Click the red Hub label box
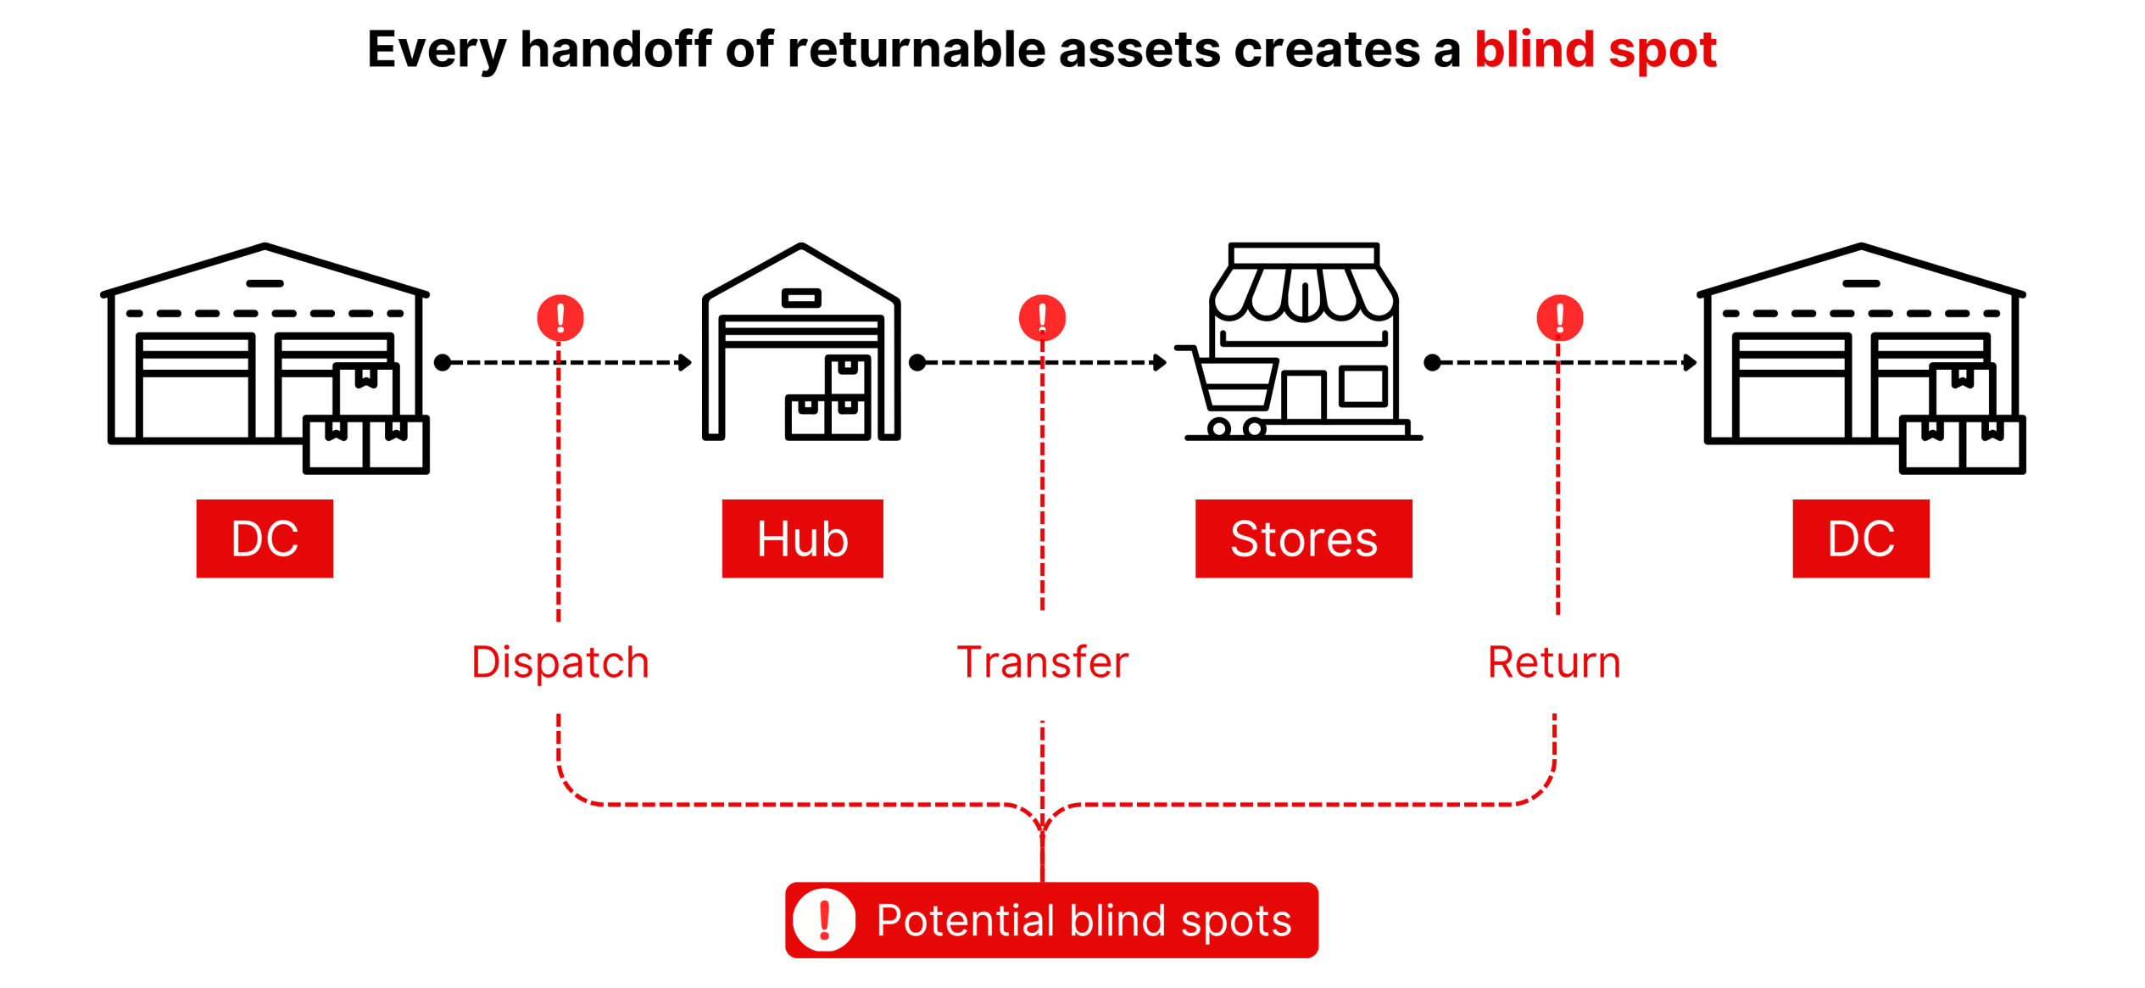point(802,539)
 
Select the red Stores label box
point(1303,539)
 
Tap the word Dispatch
point(560,662)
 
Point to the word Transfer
point(1042,662)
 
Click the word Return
point(1554,662)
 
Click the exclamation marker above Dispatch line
point(560,318)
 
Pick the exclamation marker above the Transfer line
point(1042,318)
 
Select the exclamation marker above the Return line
point(1560,318)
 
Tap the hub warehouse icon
point(801,342)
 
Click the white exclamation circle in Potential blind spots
point(824,920)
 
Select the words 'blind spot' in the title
point(1596,49)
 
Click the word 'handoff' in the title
point(616,49)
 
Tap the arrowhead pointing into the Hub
point(685,363)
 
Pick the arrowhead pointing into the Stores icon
point(1160,363)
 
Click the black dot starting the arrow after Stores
point(1432,363)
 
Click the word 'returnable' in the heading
point(919,49)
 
